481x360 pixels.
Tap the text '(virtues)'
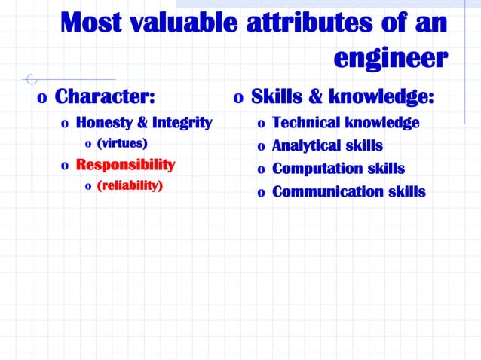tap(121, 142)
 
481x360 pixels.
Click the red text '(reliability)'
tap(129, 185)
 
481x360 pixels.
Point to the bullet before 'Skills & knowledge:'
tap(237, 99)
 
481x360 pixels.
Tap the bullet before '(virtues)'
tap(87, 144)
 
